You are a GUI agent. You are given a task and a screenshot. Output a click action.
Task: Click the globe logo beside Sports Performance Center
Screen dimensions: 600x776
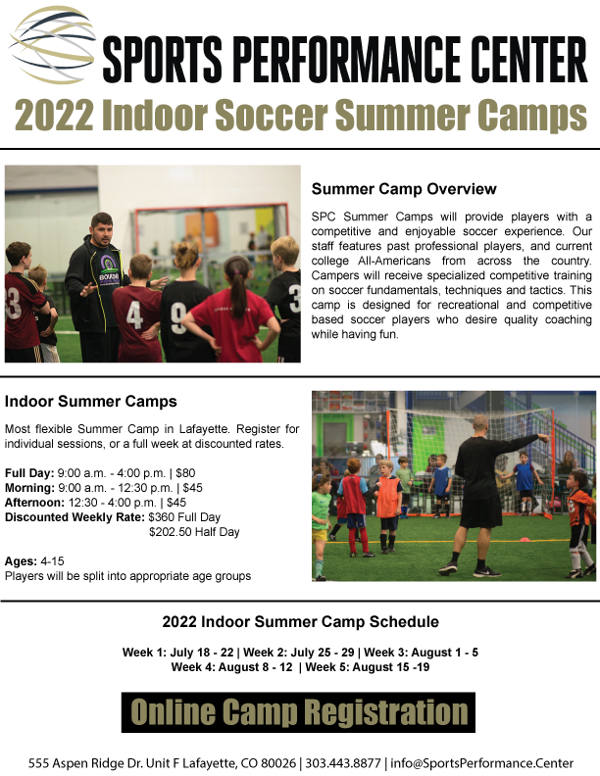pyautogui.click(x=52, y=43)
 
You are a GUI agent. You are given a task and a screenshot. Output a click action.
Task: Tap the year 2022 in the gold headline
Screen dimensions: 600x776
pyautogui.click(x=54, y=115)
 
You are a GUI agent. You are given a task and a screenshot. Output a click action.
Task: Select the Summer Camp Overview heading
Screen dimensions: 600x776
pyautogui.click(x=404, y=189)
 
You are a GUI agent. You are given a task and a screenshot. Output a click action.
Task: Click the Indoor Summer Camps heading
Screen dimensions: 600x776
pyautogui.click(x=90, y=402)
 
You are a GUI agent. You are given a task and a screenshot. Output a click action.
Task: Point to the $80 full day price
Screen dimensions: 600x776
pyautogui.click(x=185, y=473)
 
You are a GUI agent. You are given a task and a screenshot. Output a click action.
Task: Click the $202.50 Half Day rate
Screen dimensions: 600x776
pyautogui.click(x=194, y=532)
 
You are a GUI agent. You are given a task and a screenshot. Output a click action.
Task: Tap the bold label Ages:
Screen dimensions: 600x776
pyautogui.click(x=21, y=561)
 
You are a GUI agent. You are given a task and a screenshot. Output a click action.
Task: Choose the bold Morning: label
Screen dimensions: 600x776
pyautogui.click(x=29, y=488)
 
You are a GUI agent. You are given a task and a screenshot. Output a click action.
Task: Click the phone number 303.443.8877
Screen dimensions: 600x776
pyautogui.click(x=343, y=763)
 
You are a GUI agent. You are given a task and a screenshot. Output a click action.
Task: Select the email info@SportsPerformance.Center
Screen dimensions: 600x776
pyautogui.click(x=481, y=763)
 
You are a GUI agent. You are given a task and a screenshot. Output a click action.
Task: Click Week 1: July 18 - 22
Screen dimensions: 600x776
pyautogui.click(x=177, y=653)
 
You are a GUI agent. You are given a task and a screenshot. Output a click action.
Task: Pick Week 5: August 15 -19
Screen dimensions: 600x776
pyautogui.click(x=368, y=667)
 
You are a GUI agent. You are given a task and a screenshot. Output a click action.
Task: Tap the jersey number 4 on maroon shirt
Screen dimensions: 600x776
pyautogui.click(x=134, y=315)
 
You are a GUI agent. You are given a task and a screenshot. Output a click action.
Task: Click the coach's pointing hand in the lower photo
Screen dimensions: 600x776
pyautogui.click(x=543, y=438)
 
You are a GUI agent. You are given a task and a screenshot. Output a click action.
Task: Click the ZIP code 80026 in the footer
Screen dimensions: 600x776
pyautogui.click(x=279, y=763)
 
